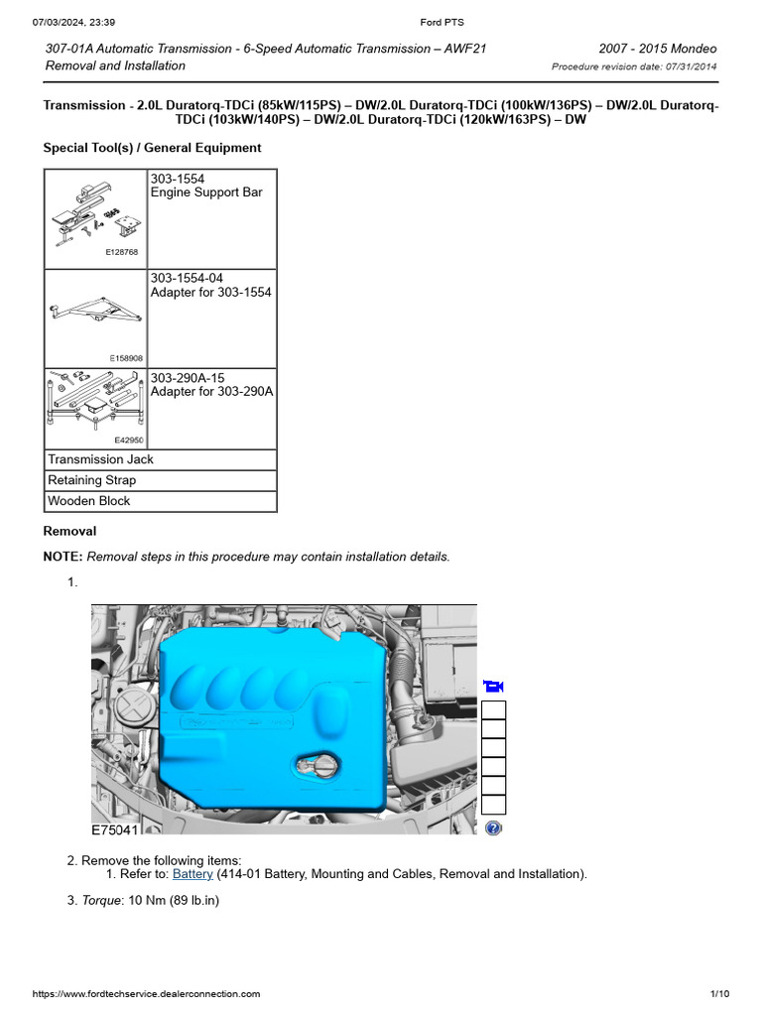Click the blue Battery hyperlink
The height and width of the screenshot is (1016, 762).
click(192, 874)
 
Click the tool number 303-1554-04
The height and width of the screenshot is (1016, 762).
click(193, 278)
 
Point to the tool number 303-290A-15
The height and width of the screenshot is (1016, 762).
click(193, 377)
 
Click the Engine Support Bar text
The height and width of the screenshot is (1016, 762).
click(206, 192)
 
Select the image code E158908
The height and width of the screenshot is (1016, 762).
click(125, 358)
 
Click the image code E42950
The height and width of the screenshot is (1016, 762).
click(128, 440)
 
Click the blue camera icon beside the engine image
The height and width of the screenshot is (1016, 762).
click(493, 686)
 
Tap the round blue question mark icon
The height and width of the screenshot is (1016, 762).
click(493, 827)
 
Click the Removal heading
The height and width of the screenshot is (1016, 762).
click(69, 532)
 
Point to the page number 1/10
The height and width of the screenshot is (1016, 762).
click(719, 993)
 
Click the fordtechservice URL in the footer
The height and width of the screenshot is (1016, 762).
click(147, 993)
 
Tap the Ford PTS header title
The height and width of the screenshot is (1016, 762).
click(429, 22)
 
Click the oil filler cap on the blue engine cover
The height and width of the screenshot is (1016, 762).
click(318, 768)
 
